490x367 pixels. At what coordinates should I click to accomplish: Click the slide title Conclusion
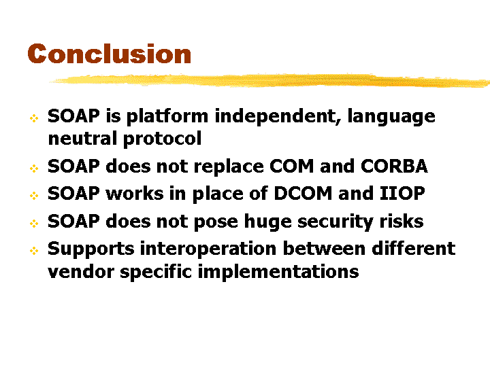[110, 54]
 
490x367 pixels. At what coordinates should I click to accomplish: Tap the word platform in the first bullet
[167, 117]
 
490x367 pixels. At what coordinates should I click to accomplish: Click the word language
[391, 117]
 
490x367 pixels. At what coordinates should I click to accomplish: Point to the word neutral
[82, 139]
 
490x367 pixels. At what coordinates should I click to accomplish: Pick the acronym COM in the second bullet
[291, 166]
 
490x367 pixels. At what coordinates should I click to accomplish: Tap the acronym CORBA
[394, 166]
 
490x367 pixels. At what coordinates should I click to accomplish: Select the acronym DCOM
[303, 193]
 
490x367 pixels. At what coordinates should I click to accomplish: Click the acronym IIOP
[402, 193]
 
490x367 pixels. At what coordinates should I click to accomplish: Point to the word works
[135, 193]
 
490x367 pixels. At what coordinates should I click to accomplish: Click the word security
[336, 222]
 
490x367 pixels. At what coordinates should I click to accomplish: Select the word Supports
[91, 249]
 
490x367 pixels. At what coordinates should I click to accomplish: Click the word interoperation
[208, 249]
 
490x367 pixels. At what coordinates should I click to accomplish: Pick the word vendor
[81, 271]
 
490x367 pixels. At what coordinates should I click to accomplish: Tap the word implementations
[278, 272]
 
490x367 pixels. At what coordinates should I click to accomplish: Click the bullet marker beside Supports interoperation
[34, 251]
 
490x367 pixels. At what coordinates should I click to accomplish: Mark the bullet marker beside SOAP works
[34, 196]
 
